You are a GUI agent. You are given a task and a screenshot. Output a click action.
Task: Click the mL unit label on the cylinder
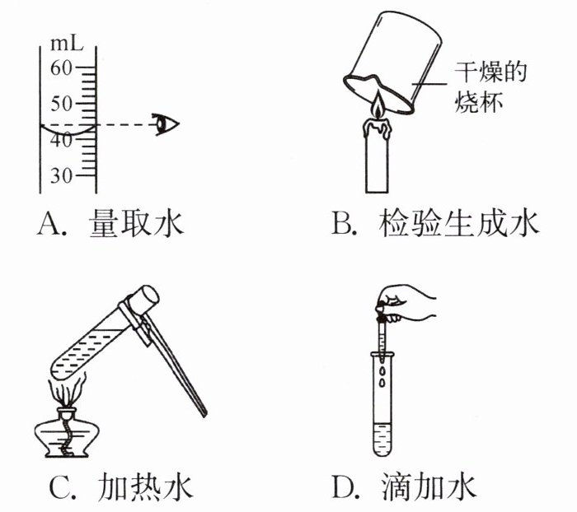click(x=66, y=44)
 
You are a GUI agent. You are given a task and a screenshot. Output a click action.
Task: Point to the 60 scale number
click(x=61, y=68)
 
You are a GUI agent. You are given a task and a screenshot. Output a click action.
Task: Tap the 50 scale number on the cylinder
click(x=61, y=104)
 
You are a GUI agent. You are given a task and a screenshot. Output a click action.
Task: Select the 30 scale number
click(x=61, y=176)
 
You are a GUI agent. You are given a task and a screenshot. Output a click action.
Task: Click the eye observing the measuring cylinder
click(x=166, y=124)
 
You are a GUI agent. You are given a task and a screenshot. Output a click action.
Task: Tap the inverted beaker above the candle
click(x=393, y=62)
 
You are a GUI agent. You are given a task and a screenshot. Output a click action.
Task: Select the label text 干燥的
click(x=490, y=72)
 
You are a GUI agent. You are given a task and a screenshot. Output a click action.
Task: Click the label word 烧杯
click(x=478, y=101)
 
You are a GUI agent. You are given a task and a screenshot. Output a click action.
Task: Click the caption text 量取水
click(x=136, y=223)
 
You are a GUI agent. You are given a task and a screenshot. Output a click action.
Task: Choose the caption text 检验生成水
click(x=458, y=223)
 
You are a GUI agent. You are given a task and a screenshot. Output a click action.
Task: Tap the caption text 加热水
click(x=145, y=488)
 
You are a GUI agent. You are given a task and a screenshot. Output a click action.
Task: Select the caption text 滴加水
click(x=429, y=488)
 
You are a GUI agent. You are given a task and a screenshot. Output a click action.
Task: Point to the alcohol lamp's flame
click(x=68, y=390)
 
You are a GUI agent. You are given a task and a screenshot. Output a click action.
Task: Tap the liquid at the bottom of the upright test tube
click(x=382, y=440)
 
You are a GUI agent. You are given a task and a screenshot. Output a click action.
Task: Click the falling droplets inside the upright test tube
click(x=382, y=375)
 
